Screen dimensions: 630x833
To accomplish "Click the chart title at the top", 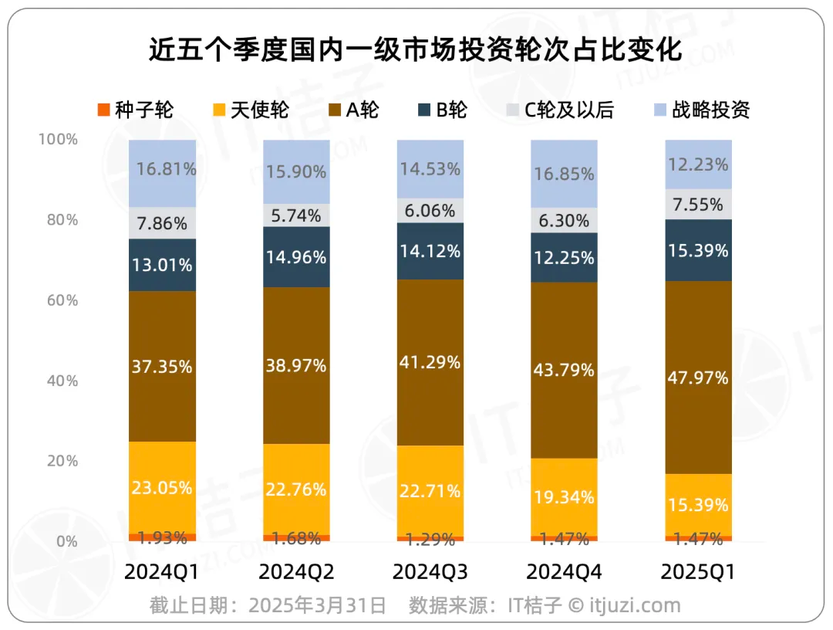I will [x=416, y=50].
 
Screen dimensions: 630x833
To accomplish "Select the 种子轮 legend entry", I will [x=136, y=110].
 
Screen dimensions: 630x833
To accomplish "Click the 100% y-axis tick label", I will [x=58, y=140].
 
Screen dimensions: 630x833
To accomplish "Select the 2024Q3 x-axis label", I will [x=430, y=572].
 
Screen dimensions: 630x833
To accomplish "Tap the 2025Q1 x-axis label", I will [x=698, y=572].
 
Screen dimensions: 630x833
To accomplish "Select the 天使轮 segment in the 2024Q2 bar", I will [x=296, y=489].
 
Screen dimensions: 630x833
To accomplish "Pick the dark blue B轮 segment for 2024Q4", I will [x=564, y=258].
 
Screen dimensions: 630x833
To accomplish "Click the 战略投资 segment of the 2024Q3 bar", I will [x=430, y=168].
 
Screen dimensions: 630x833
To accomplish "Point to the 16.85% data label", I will [x=564, y=174].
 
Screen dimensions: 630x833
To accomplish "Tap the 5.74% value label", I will [x=296, y=216].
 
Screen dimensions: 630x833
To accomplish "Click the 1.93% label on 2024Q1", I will [x=162, y=537].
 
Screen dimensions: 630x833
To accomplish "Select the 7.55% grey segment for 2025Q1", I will [x=698, y=205].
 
